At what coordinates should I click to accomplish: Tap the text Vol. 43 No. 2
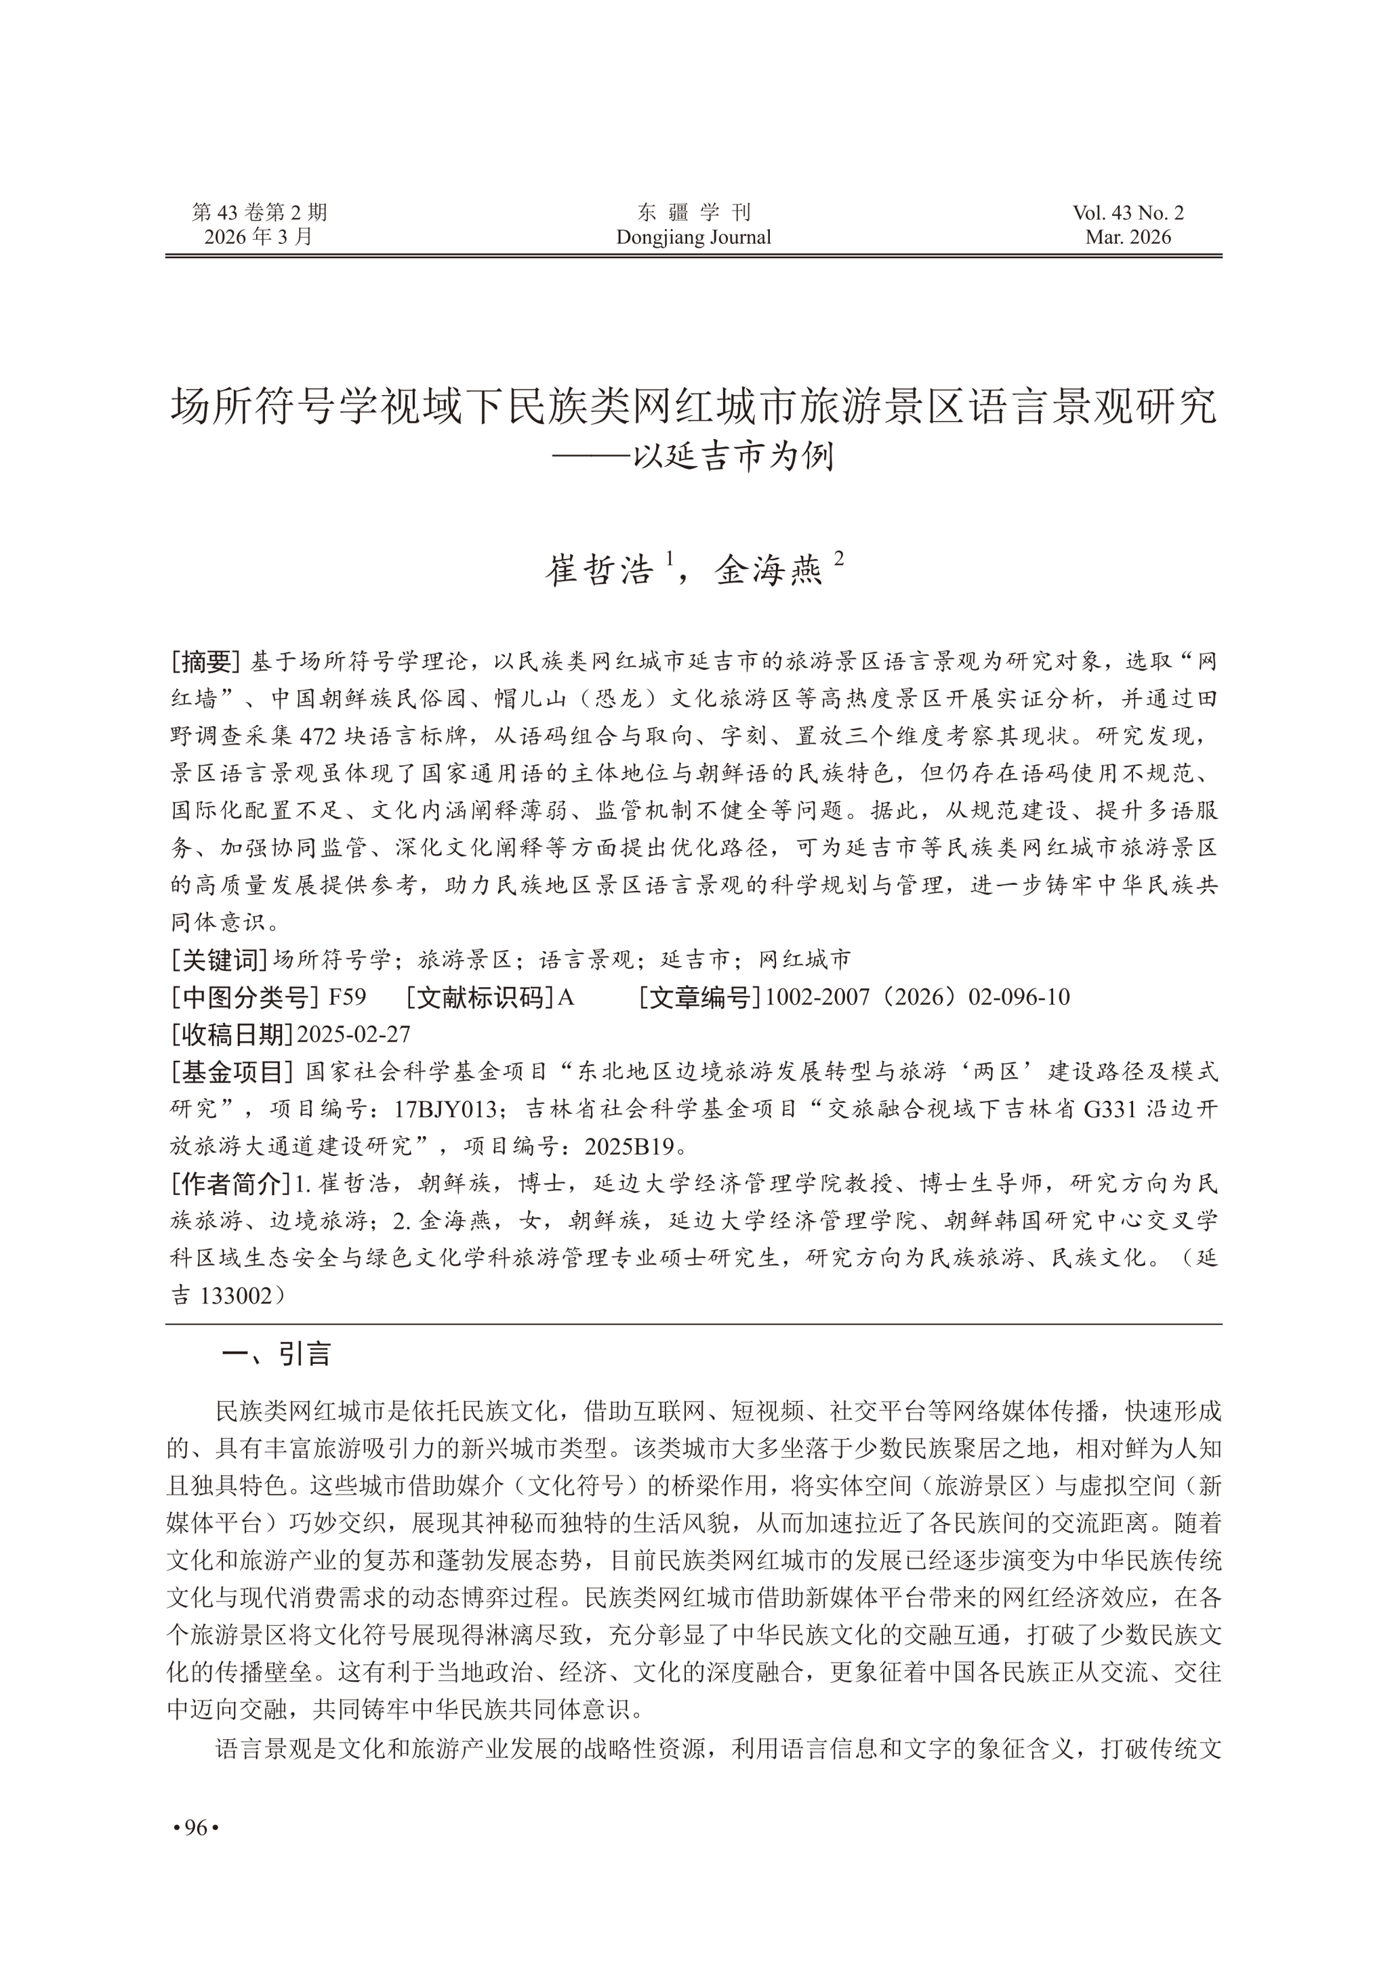(1128, 213)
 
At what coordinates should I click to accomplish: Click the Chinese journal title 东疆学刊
(693, 213)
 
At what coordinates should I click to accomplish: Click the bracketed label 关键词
(220, 959)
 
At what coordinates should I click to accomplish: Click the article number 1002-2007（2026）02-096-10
(918, 997)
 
